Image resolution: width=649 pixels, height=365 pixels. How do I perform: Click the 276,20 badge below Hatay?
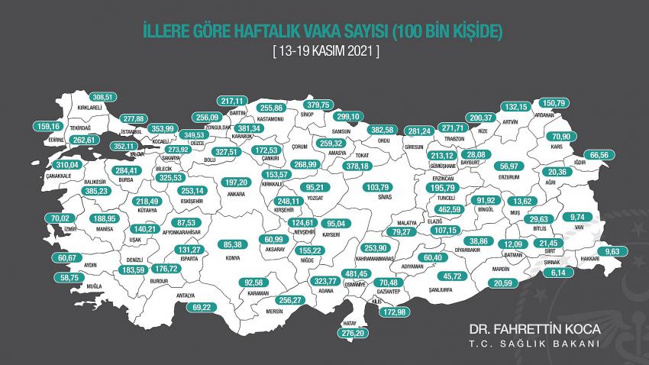click(x=353, y=333)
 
